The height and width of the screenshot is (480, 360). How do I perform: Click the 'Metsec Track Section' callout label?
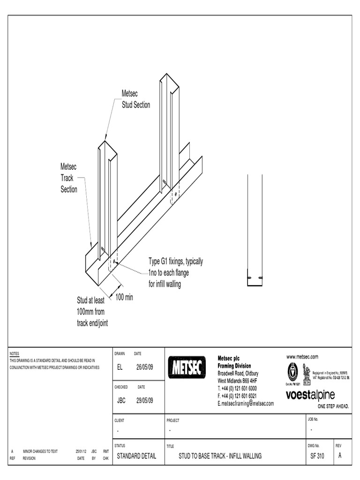(69, 178)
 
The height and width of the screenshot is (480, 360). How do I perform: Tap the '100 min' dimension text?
(124, 297)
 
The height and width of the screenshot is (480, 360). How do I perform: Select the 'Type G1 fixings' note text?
(176, 273)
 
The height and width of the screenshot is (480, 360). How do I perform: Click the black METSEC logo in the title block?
(186, 367)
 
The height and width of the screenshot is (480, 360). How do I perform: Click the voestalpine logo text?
(310, 395)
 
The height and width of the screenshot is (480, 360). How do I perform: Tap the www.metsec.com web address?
(302, 357)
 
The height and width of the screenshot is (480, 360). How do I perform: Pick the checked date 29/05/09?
(144, 400)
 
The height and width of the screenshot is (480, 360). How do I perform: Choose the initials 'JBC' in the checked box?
(121, 400)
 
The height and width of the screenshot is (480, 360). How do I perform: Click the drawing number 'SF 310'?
(317, 456)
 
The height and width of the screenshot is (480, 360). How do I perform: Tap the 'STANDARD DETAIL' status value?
(136, 456)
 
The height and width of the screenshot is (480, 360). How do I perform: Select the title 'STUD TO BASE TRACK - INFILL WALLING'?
(220, 456)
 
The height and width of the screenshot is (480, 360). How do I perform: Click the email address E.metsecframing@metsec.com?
(246, 403)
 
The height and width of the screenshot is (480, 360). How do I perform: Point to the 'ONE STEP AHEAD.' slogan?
(333, 406)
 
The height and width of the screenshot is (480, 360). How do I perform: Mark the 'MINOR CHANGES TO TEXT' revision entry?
(40, 451)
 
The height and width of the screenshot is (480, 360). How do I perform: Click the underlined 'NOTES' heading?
(14, 353)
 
